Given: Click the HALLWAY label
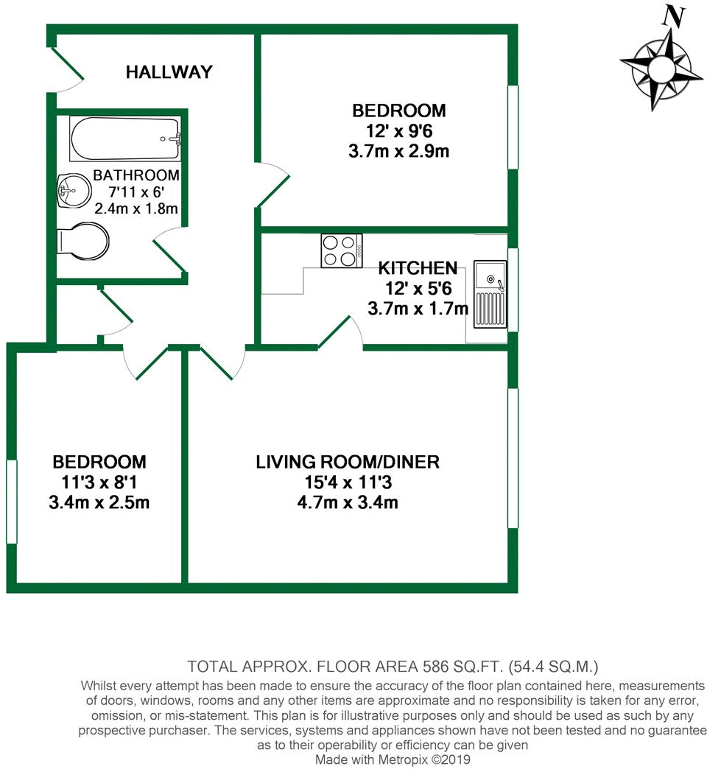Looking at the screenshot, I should tap(169, 72).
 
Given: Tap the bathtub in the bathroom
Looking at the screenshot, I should tap(125, 139).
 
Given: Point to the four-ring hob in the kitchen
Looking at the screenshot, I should tap(342, 250).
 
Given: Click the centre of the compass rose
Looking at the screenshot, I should tap(661, 69).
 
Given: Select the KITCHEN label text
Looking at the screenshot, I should tap(418, 268).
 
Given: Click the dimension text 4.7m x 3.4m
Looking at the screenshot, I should tap(348, 503).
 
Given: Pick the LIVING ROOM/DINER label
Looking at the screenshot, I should tap(348, 463).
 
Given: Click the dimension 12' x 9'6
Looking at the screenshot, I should tap(398, 132).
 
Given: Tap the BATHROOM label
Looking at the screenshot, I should tap(136, 175).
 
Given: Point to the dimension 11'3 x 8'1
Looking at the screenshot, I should tap(99, 483).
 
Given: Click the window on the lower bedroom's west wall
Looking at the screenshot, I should tap(11, 502).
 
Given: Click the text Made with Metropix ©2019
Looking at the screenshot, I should tap(393, 759).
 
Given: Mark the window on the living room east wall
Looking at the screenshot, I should tap(513, 458).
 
